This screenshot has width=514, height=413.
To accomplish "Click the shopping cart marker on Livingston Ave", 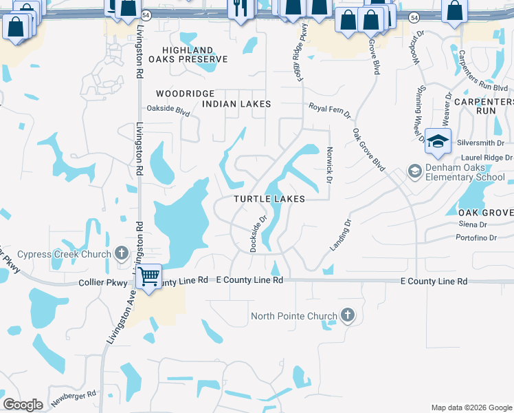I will [x=148, y=277].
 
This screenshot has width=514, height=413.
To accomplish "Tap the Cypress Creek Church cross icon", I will [x=122, y=253].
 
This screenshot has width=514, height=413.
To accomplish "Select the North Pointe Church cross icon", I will [x=348, y=316].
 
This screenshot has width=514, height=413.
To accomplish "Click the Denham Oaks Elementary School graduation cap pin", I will [x=438, y=142].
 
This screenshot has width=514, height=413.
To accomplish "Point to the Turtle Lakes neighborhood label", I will [x=269, y=199].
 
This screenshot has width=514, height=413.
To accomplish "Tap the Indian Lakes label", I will [x=236, y=104].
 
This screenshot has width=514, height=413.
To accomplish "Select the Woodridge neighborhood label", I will [x=186, y=94].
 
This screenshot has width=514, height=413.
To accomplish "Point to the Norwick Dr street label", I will [x=329, y=168].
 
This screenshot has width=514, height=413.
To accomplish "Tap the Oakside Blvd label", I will [x=168, y=109].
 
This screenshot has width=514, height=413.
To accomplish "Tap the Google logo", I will [x=23, y=405].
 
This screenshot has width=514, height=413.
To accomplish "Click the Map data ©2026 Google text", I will [x=471, y=407].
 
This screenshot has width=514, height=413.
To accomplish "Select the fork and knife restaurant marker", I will [x=240, y=9].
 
